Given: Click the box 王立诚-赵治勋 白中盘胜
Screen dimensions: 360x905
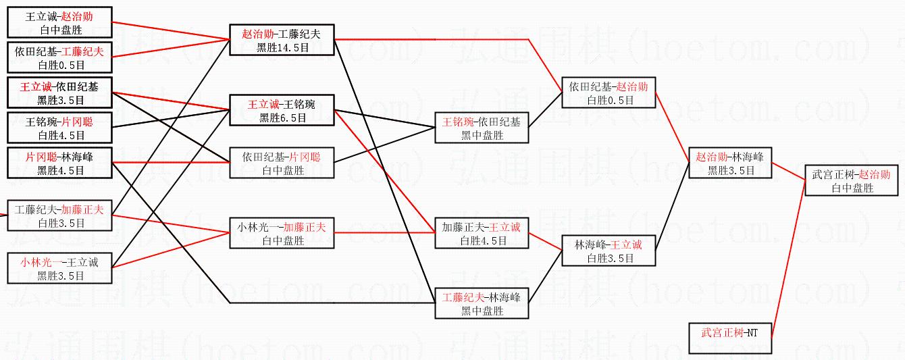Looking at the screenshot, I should point(59,23).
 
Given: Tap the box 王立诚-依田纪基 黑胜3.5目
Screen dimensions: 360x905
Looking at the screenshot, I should point(59,93).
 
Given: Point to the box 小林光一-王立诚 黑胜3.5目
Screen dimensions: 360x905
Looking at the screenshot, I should point(59,269).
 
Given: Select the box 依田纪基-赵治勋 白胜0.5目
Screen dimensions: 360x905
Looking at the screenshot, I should point(609,93).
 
